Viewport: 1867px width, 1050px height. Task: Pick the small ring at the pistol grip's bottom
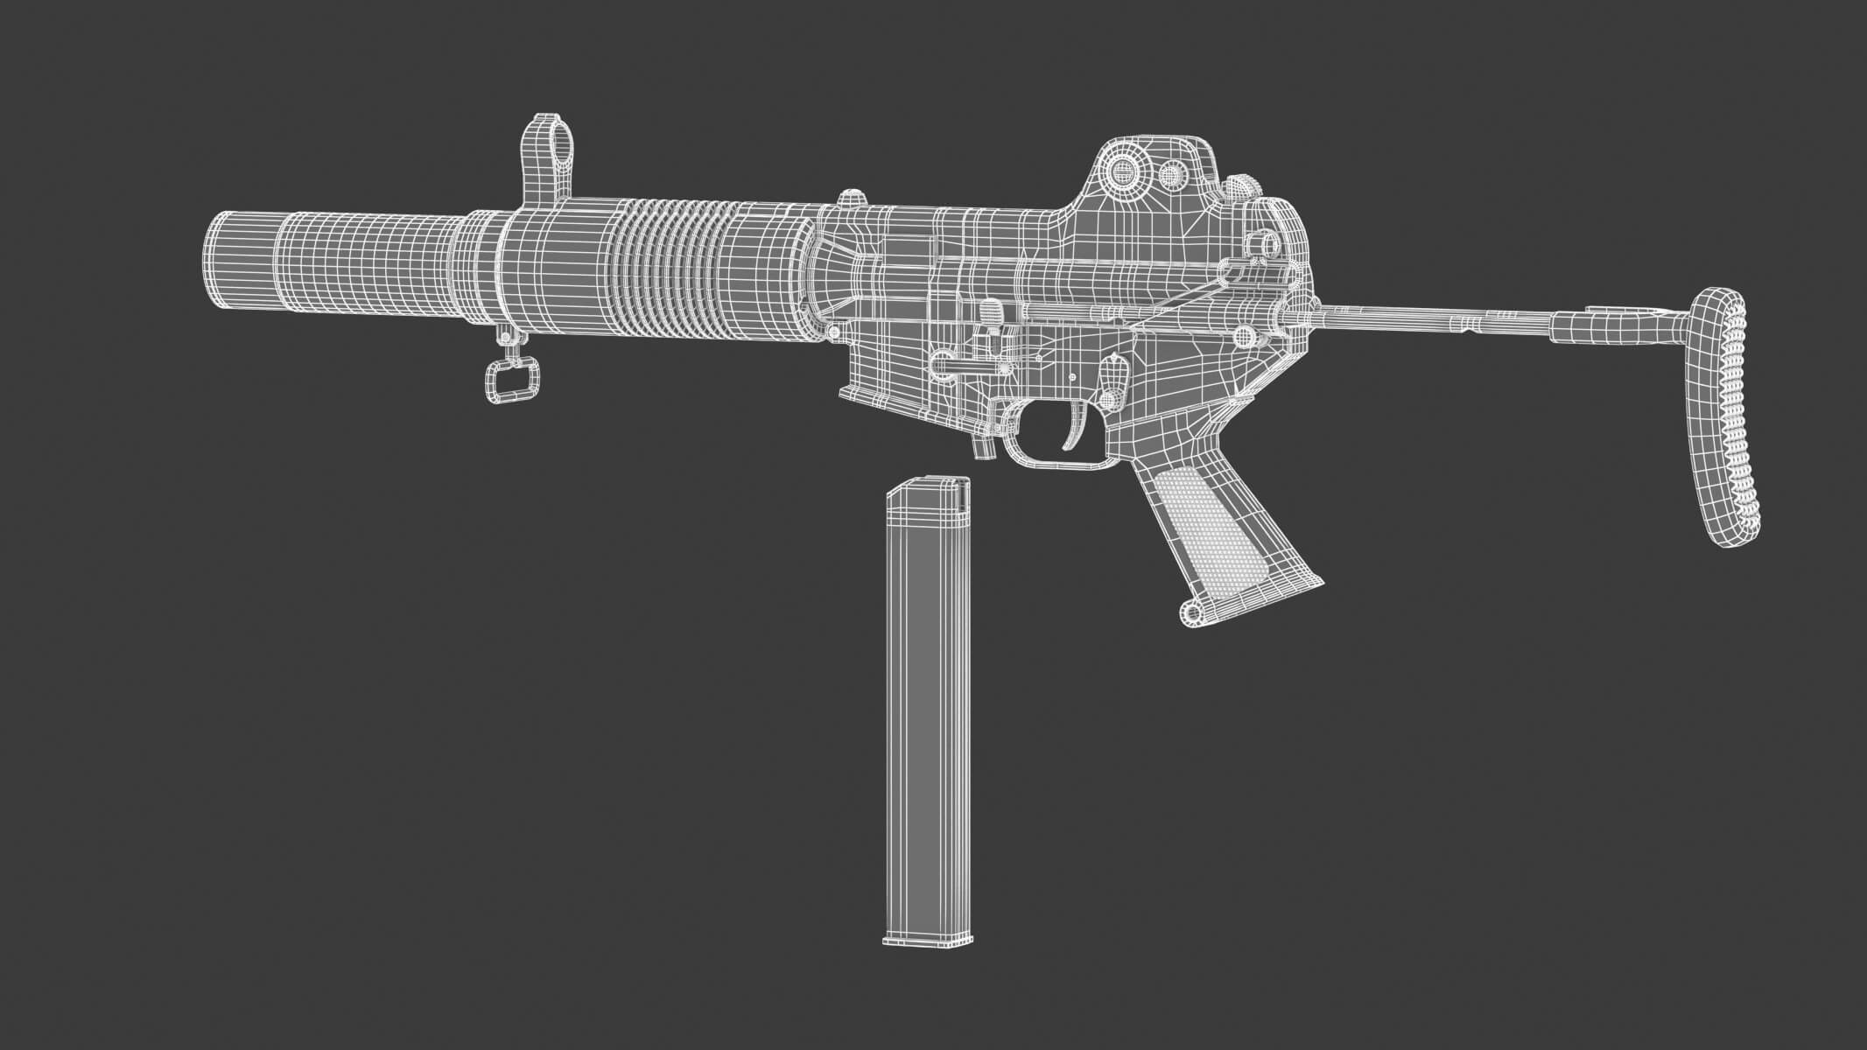tap(1191, 612)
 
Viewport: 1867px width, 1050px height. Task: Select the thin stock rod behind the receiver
tap(1435, 313)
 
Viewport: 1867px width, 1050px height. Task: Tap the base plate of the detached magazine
tap(928, 940)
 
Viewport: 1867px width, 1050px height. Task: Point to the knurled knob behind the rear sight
tap(1244, 187)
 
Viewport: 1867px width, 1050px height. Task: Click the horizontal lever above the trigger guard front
tap(963, 360)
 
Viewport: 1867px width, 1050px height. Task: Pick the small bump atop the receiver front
tap(851, 199)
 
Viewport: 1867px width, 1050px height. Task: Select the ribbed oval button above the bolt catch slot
tap(993, 311)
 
